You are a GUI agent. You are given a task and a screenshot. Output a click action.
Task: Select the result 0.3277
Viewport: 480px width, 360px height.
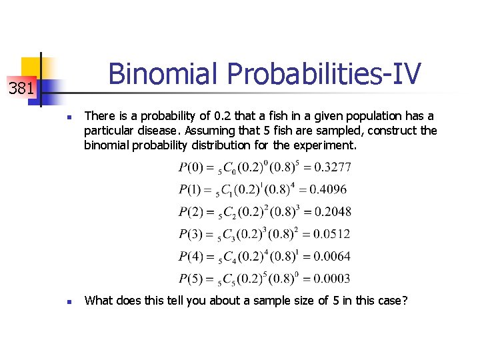pos(333,167)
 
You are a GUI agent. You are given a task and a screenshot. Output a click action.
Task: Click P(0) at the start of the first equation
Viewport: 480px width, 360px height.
pos(191,167)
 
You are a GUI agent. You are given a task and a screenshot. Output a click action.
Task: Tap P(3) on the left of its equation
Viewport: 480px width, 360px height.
pos(191,234)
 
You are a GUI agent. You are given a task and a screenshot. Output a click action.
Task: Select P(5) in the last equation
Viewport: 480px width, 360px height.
pos(191,279)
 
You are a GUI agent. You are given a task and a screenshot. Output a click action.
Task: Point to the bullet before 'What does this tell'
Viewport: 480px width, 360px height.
pos(69,302)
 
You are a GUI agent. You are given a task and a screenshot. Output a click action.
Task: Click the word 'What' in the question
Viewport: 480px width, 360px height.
pos(99,301)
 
